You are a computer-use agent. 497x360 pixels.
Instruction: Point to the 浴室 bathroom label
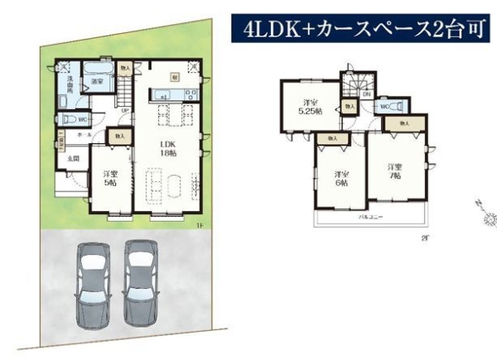[x=97, y=82]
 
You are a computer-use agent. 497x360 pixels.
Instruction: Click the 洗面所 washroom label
[x=64, y=86]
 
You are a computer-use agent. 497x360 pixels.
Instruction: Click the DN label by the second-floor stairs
[x=365, y=94]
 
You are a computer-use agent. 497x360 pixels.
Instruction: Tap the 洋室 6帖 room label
[x=340, y=178]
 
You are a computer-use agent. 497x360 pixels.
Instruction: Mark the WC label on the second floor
[x=385, y=106]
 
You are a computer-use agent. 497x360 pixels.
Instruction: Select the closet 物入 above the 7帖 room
[x=403, y=122]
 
